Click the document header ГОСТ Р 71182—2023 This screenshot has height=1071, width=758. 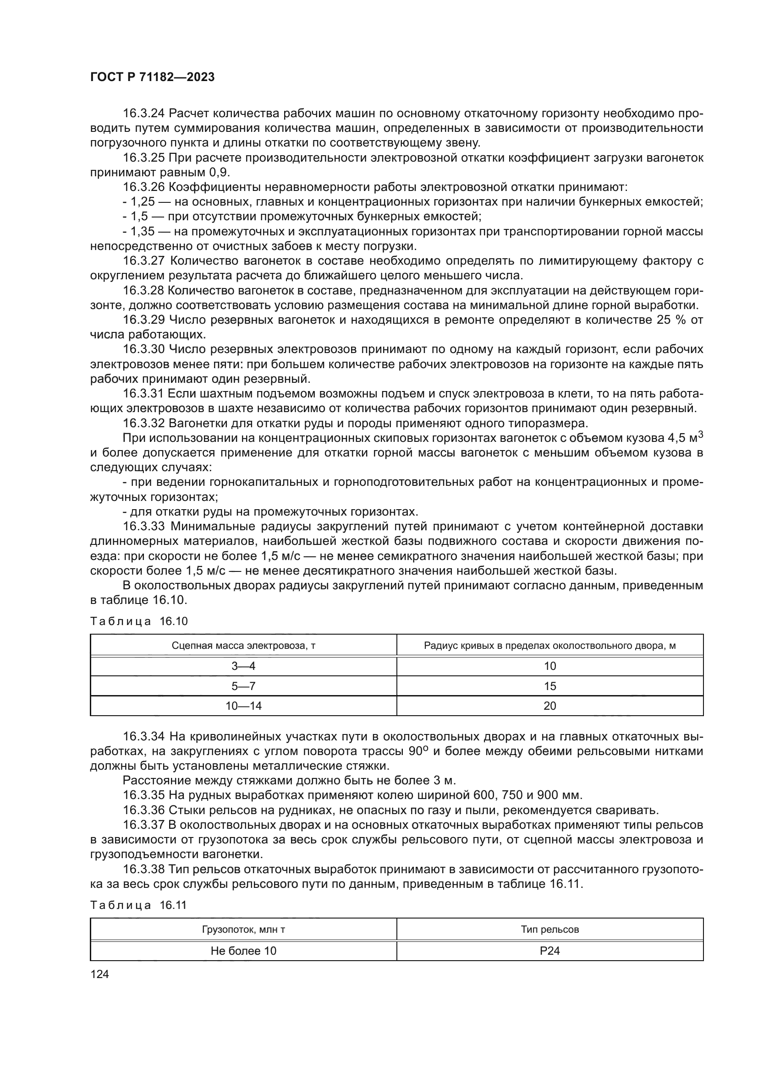[x=152, y=77]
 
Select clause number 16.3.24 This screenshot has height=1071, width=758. [x=143, y=114]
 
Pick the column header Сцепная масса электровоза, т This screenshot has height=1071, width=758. [x=243, y=646]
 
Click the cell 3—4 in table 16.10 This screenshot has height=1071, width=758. [x=243, y=666]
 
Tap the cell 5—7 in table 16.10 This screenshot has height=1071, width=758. [x=243, y=686]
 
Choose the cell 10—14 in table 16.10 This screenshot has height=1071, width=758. [x=243, y=706]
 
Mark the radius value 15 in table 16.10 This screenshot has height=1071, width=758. [x=550, y=686]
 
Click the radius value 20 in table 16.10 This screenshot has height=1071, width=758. [x=550, y=706]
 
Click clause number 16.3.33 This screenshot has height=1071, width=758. [x=144, y=527]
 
